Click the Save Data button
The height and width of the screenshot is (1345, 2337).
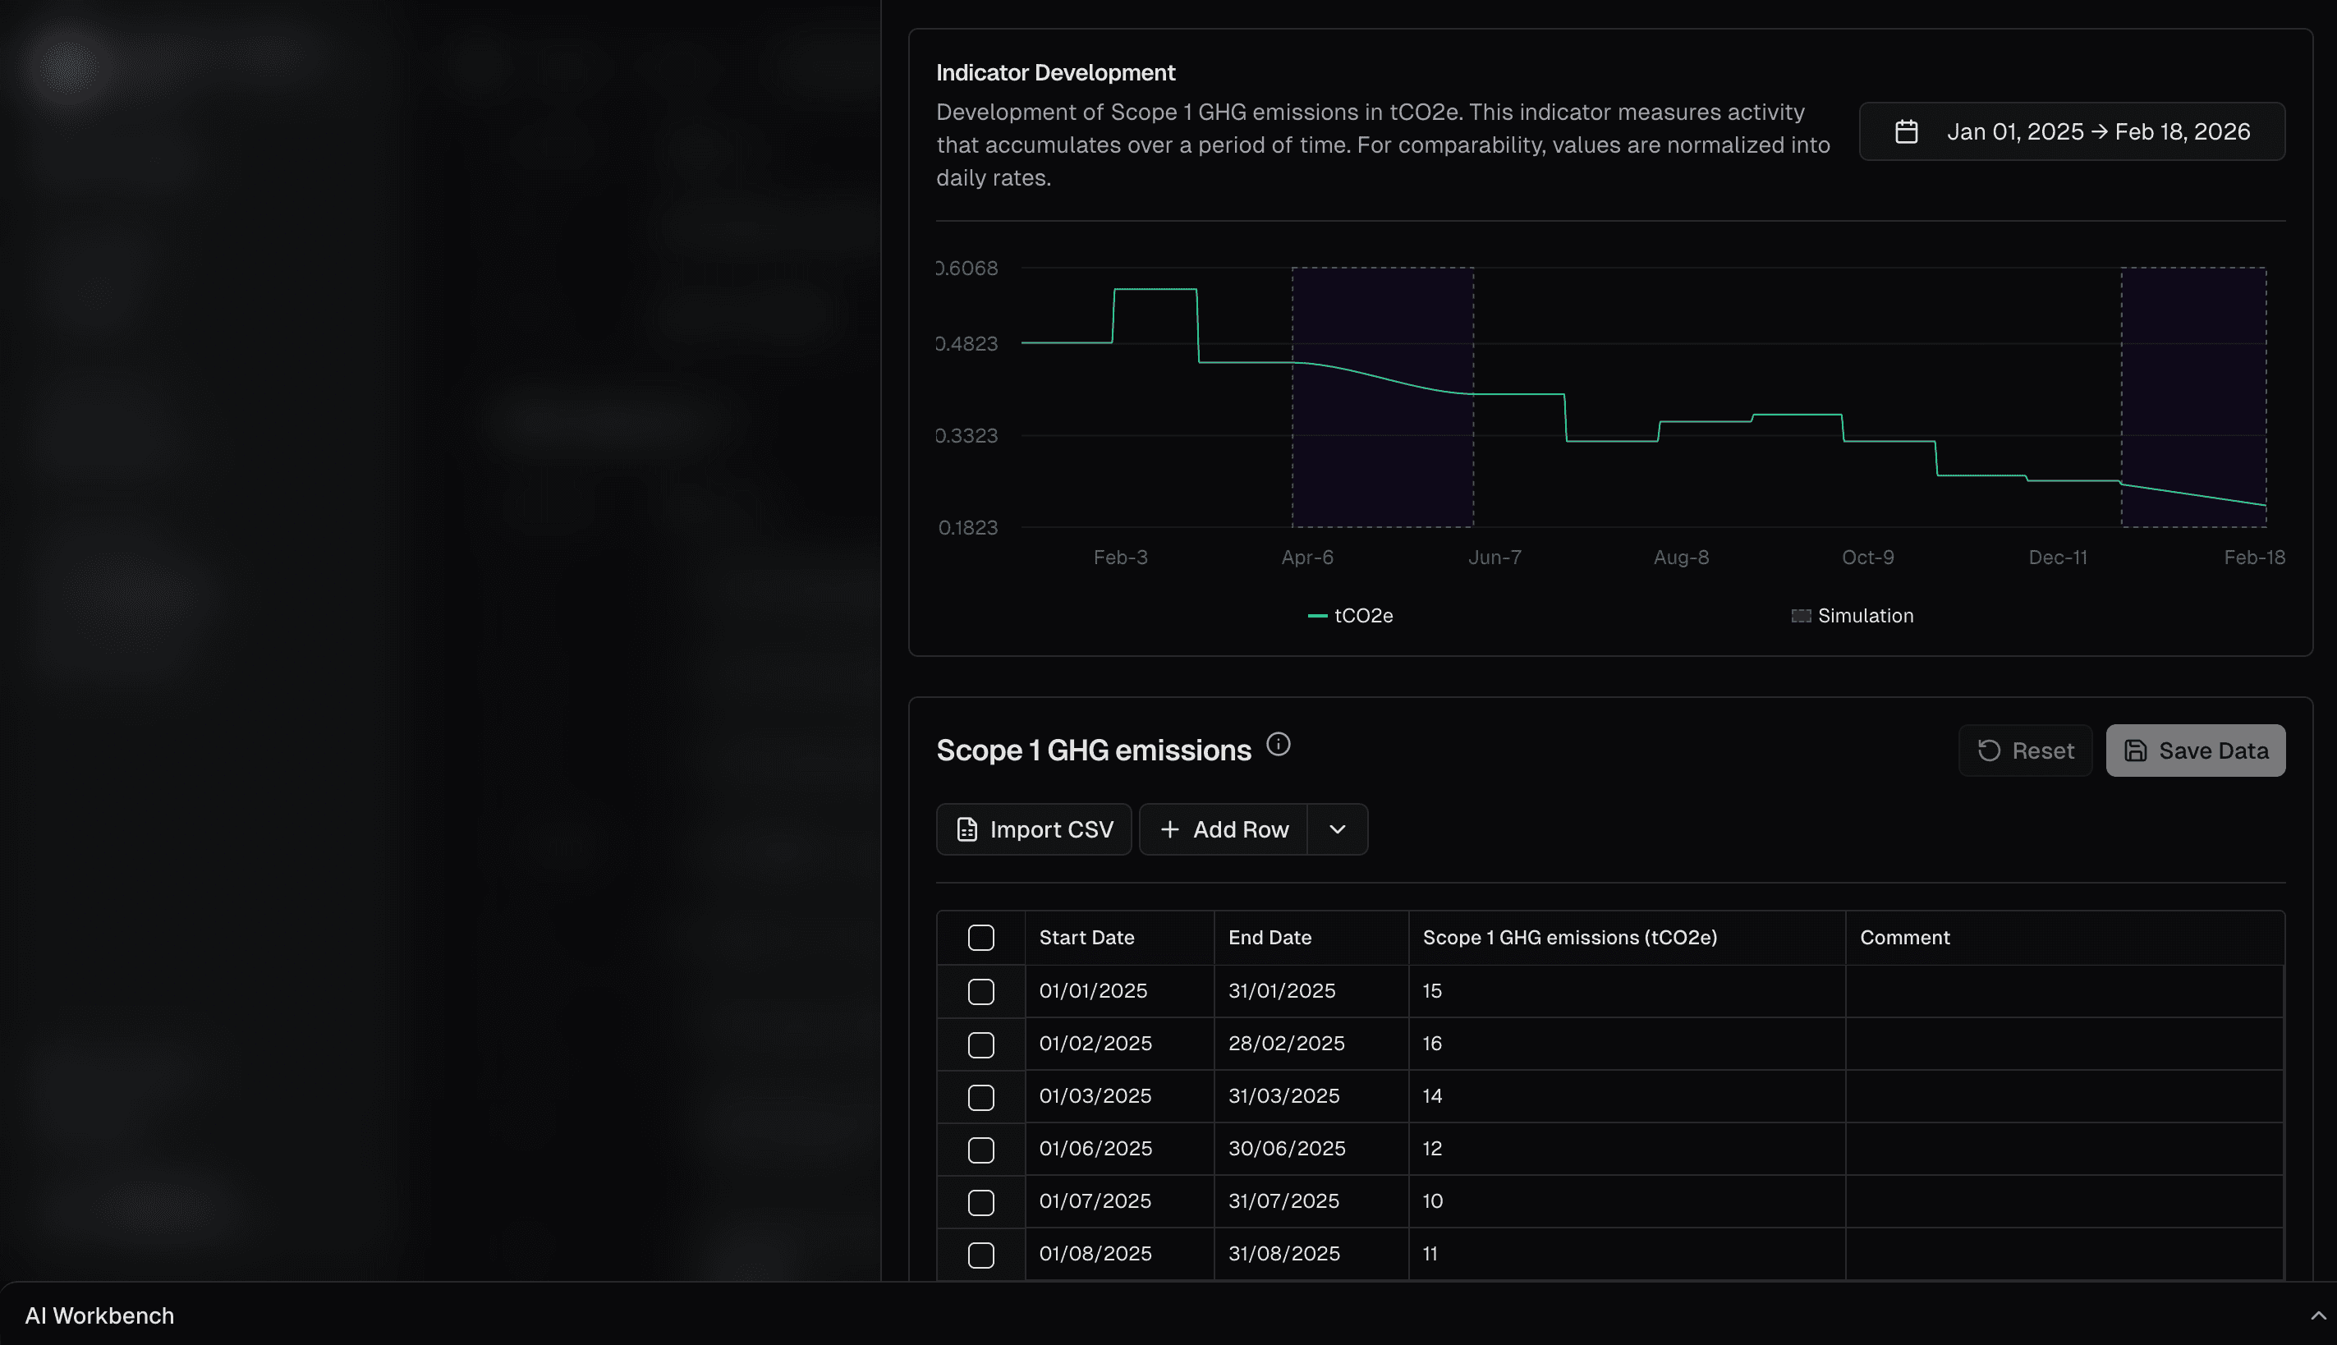(2195, 751)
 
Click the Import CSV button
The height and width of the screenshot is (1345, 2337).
(1034, 829)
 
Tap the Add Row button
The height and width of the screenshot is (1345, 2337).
(1223, 829)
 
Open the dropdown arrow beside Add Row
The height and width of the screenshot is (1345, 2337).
(1337, 829)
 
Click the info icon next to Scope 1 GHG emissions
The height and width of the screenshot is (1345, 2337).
(1278, 744)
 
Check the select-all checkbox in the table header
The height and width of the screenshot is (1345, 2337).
(980, 938)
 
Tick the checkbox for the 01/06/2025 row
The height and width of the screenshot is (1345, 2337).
(980, 1150)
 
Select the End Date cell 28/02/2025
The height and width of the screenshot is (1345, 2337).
(1286, 1043)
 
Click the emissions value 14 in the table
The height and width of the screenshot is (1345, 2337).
(1432, 1095)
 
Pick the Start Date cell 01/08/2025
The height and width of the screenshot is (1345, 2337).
(1095, 1254)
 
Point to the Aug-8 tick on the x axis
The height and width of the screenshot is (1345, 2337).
(1680, 557)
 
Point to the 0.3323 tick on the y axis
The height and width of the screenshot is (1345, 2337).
(967, 435)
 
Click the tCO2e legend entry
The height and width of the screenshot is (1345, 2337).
(1351, 615)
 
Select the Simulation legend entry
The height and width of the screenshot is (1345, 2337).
(1853, 615)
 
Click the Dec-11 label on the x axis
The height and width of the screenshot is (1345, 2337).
(2057, 557)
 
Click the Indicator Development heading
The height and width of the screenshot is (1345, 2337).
(1055, 72)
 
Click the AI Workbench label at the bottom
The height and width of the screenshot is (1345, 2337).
(99, 1315)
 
